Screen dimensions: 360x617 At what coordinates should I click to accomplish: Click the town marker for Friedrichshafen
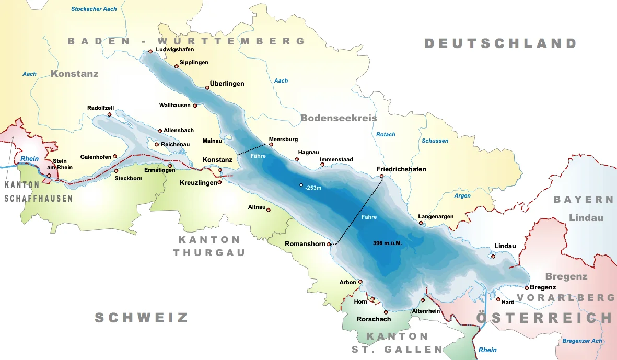382,176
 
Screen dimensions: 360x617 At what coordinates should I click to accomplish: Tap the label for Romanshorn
305,244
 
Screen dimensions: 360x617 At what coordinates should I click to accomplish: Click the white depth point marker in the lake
301,185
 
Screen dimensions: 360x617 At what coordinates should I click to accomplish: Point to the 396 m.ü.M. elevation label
391,243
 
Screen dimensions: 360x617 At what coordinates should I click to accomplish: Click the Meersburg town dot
271,145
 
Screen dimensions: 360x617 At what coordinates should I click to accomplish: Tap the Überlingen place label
227,84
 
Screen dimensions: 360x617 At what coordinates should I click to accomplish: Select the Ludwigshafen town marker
150,51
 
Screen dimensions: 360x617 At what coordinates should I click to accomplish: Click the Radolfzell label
100,108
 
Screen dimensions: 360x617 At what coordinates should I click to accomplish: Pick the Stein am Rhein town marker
49,176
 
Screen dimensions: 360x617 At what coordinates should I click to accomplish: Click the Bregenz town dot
527,287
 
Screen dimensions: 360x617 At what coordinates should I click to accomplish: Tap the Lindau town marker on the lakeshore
493,256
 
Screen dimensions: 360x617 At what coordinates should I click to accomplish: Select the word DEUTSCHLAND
500,43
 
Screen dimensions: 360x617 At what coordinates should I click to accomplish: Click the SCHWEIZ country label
141,318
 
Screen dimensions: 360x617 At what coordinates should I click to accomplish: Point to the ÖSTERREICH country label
543,318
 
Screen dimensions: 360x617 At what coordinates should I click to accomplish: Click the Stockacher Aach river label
94,9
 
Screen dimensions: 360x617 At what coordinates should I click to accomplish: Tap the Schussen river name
435,141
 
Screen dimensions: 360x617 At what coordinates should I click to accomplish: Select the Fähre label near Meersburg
258,156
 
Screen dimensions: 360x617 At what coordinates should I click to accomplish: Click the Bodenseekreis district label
339,119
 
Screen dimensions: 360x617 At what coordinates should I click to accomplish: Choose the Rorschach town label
374,319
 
